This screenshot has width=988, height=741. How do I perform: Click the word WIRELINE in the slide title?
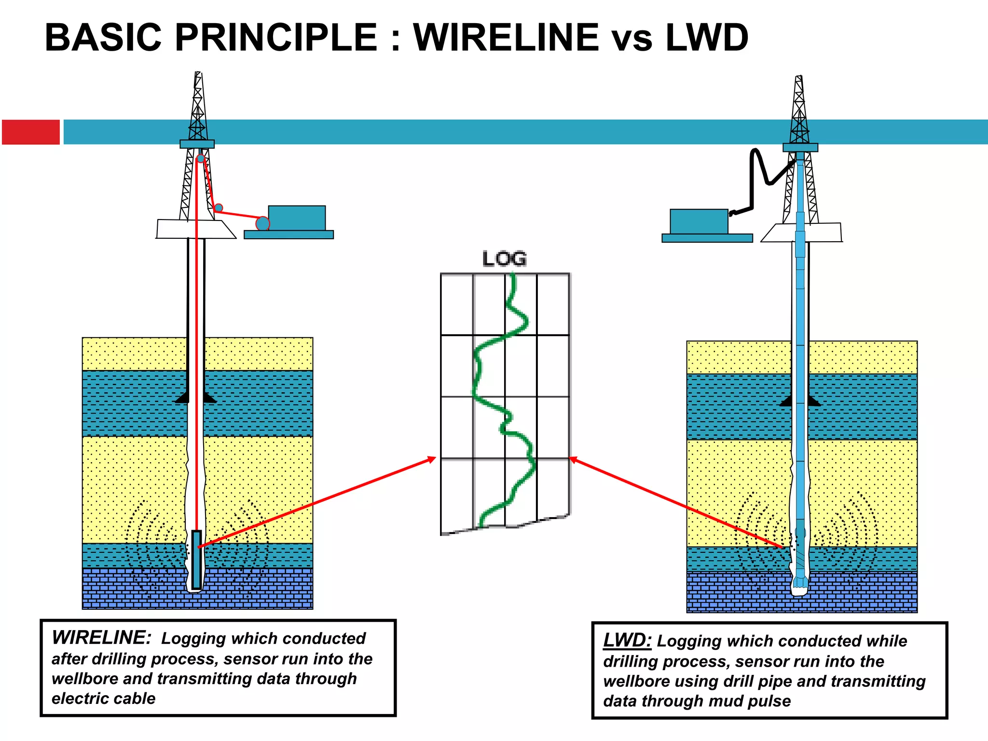click(x=507, y=38)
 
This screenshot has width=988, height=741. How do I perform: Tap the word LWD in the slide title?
click(x=707, y=38)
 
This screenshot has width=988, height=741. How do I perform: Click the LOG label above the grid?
click(x=504, y=259)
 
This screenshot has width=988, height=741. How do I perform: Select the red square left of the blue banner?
click(x=31, y=132)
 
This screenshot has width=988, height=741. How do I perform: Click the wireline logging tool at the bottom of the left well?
click(x=196, y=560)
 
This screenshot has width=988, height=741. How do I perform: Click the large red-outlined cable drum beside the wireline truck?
click(x=262, y=223)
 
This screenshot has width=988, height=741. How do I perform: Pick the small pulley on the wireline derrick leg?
click(x=219, y=208)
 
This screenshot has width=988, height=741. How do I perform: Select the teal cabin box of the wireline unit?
click(x=297, y=218)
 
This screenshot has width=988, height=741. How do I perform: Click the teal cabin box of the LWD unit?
click(x=699, y=221)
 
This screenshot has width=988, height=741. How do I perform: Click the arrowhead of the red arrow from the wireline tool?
click(x=431, y=459)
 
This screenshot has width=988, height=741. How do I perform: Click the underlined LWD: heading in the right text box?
click(x=627, y=640)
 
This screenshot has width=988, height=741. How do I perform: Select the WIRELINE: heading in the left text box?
click(x=101, y=638)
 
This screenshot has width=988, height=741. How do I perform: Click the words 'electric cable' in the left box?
click(x=104, y=698)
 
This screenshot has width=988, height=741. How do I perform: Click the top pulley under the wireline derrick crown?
click(x=200, y=158)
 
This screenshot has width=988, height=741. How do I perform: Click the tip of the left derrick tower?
click(x=197, y=74)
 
